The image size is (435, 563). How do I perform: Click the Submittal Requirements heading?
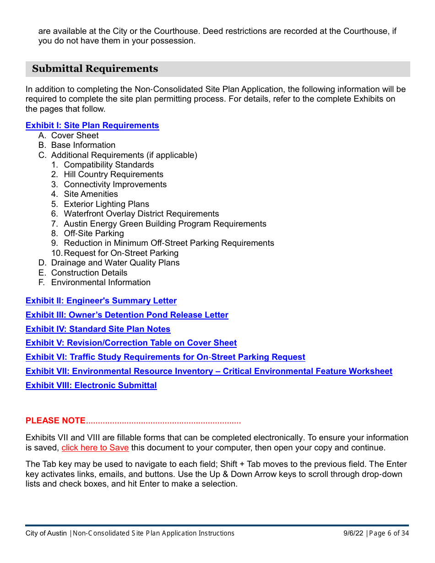(95, 69)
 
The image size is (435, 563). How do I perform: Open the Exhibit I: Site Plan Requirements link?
(92, 125)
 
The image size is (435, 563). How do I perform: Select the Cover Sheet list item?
(75, 135)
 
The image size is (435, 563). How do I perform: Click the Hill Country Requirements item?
(113, 174)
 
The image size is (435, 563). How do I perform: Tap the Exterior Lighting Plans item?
(106, 204)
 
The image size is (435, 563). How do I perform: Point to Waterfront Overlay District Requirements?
(141, 214)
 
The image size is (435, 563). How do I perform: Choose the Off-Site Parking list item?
(93, 233)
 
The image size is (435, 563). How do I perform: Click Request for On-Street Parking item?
(121, 253)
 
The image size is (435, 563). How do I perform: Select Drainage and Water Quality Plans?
(115, 263)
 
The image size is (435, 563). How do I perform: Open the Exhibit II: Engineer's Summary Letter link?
(101, 301)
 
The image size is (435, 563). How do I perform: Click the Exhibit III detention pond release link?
(127, 315)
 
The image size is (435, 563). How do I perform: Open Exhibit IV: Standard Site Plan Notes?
(98, 329)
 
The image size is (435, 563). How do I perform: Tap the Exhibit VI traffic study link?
(165, 357)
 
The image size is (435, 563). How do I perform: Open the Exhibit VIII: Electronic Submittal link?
(91, 385)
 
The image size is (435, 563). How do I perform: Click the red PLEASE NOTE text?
(55, 421)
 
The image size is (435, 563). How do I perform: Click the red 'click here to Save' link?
(95, 448)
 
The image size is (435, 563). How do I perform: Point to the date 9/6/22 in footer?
(353, 533)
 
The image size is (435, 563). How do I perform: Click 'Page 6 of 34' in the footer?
(389, 533)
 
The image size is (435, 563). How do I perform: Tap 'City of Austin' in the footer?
(46, 533)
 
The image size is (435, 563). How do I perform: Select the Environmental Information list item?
(100, 282)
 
